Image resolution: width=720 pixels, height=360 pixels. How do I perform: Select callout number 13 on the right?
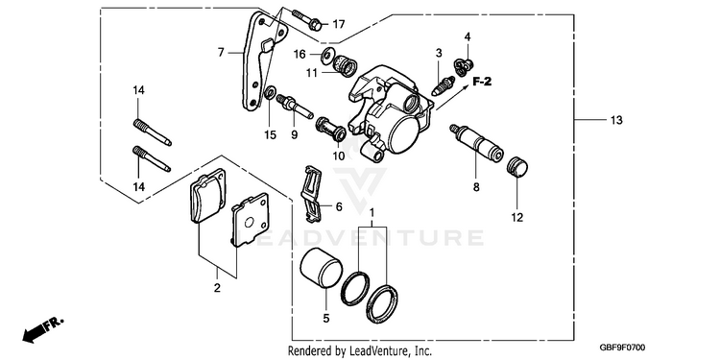616,120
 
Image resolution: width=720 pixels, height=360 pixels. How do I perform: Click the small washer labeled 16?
328,55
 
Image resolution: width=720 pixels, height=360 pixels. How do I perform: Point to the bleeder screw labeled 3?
444,86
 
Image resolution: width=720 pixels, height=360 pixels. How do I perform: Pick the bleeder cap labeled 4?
464,66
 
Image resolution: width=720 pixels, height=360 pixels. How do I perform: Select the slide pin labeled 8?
476,143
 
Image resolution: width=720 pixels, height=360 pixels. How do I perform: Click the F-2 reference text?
482,82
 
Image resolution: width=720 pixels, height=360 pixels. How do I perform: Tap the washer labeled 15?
270,92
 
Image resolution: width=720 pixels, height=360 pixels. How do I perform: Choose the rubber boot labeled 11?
345,65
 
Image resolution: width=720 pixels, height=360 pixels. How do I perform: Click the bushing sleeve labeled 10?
330,129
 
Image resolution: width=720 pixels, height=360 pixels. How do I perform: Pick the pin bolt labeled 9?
295,106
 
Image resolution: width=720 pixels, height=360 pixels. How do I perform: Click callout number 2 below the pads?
217,288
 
